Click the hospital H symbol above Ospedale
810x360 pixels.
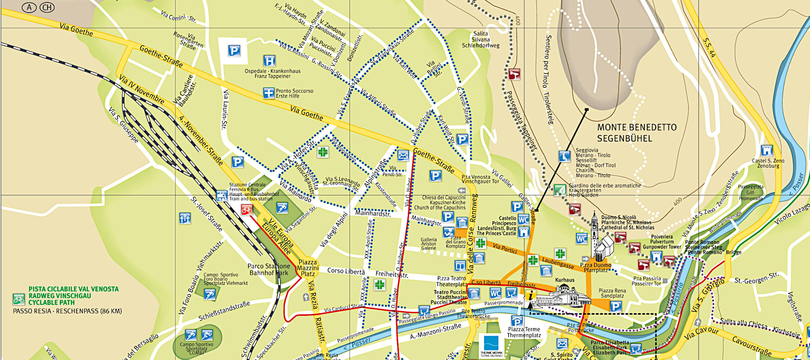click(269, 61)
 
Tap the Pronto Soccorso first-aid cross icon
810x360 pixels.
click(269, 93)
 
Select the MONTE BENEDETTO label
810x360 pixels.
click(637, 127)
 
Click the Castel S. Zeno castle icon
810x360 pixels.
click(766, 150)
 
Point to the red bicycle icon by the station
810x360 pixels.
click(247, 210)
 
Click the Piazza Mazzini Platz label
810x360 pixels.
click(308, 268)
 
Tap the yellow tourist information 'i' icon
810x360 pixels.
click(530, 296)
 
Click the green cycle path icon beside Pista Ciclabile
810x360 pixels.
click(19, 299)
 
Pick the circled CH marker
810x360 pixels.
click(47, 7)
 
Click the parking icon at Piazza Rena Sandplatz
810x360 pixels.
click(616, 306)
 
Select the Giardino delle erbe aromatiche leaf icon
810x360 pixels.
click(560, 190)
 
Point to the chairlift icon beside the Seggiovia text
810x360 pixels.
click(564, 157)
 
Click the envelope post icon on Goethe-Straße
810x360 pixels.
click(403, 156)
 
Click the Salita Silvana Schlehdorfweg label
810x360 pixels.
click(481, 40)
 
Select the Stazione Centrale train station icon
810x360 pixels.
click(221, 195)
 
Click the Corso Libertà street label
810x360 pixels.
click(346, 271)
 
